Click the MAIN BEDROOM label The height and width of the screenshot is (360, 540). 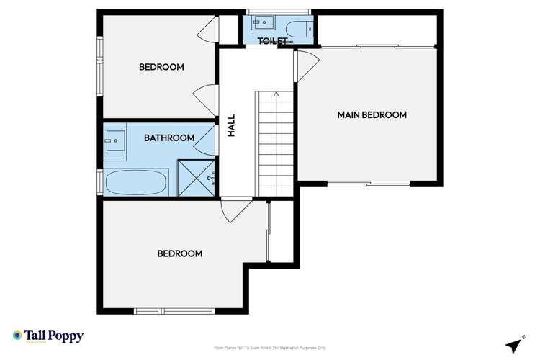click(372, 115)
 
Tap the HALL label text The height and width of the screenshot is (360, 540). click(232, 126)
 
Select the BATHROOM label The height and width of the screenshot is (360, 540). click(169, 138)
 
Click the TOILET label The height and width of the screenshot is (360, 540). click(273, 42)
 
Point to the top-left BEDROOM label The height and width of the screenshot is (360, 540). click(161, 67)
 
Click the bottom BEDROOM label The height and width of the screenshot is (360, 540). click(179, 253)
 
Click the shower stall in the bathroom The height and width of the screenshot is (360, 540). click(196, 177)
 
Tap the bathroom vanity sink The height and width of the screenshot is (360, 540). click(115, 140)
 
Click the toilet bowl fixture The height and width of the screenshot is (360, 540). click(298, 28)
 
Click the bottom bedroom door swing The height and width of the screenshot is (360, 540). click(235, 210)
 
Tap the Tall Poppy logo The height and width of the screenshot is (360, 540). click(48, 336)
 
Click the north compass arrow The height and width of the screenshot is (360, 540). click(514, 345)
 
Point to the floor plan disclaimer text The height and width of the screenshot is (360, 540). click(270, 348)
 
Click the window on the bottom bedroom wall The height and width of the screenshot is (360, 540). click(174, 311)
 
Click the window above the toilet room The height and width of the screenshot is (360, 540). click(278, 12)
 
